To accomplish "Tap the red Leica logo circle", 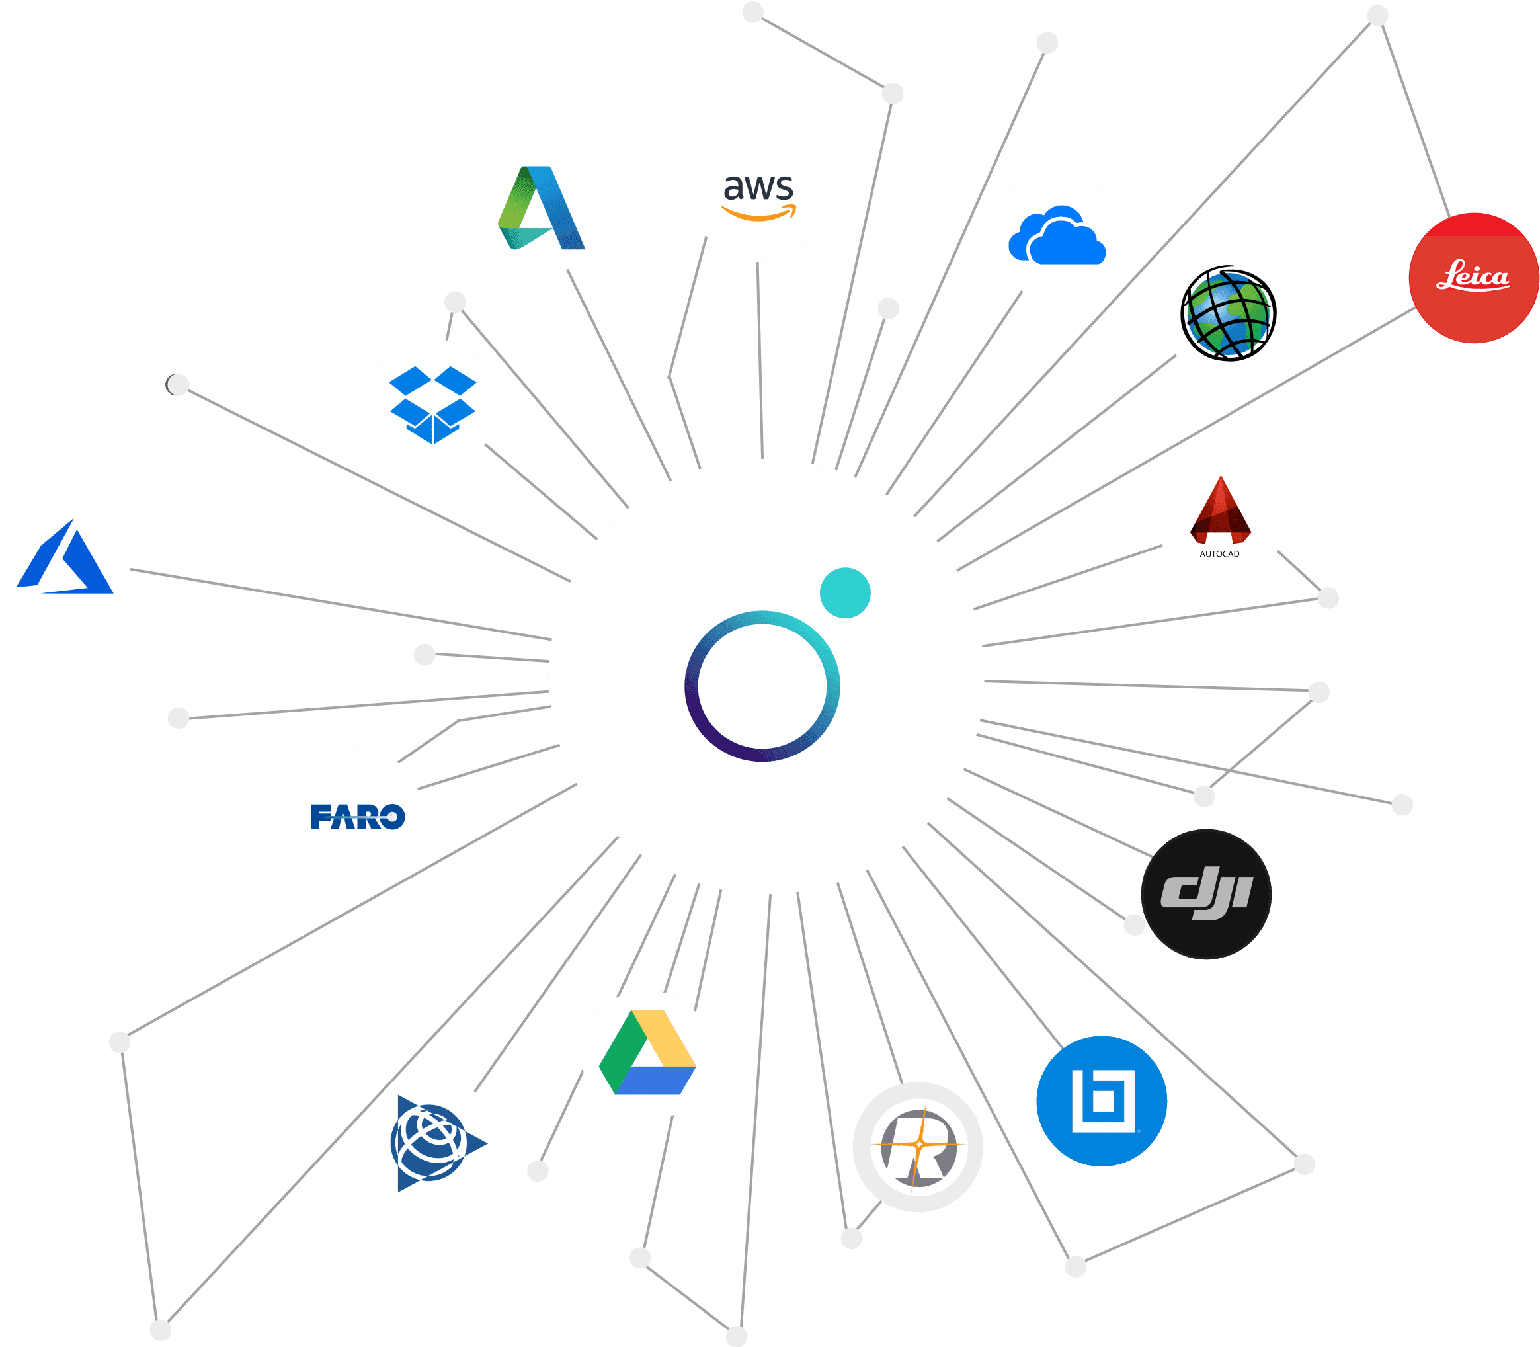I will (1473, 278).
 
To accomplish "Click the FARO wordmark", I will (357, 816).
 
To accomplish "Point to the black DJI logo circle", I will (1205, 894).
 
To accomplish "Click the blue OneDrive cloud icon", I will (1057, 236).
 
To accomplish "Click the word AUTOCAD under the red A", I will (1219, 554).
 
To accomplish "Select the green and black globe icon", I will (1227, 313).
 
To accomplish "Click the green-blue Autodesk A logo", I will (540, 209).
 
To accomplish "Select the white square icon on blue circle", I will (1102, 1100).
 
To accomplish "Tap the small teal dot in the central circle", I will (845, 592).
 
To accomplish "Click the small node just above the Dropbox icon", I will (455, 302).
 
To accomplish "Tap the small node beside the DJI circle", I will (1134, 924).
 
